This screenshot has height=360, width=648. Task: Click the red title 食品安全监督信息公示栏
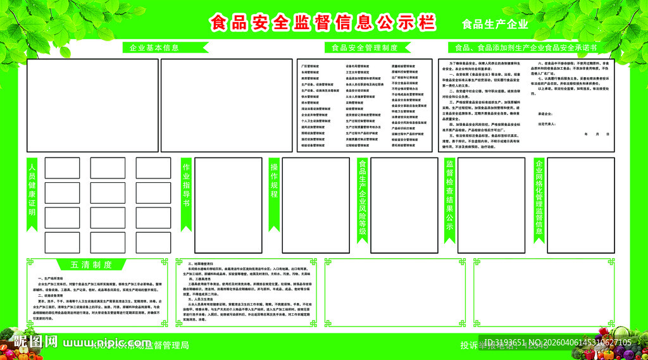pyautogui.click(x=322, y=23)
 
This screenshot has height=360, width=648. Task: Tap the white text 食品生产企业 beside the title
pyautogui.click(x=495, y=25)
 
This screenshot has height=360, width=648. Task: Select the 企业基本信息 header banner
pyautogui.click(x=154, y=47)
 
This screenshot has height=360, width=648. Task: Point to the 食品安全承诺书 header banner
pyautogui.click(x=525, y=47)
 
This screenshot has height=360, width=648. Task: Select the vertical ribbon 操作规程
pyautogui.click(x=274, y=190)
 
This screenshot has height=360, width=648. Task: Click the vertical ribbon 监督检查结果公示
pyautogui.click(x=450, y=199)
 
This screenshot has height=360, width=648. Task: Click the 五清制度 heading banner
pyautogui.click(x=92, y=264)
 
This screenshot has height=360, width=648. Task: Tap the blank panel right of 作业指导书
pyautogui.click(x=228, y=204)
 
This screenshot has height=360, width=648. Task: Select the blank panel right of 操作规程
pyautogui.click(x=316, y=204)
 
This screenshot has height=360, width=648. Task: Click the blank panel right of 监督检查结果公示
pyautogui.click(x=491, y=204)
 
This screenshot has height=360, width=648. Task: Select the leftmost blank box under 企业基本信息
pyautogui.click(x=92, y=106)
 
